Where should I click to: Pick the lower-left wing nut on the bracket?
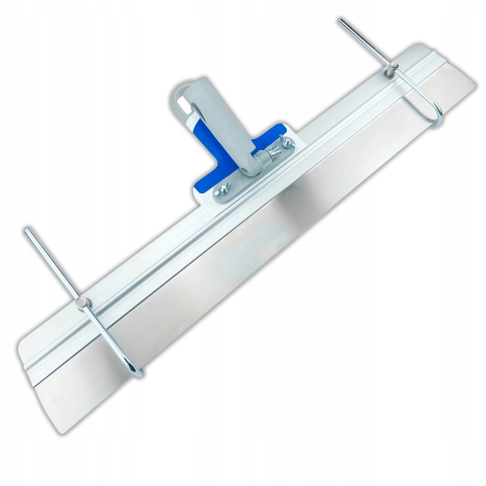(220, 194)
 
